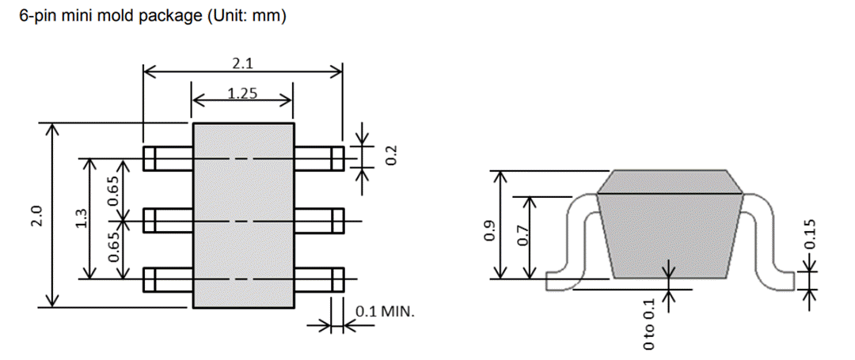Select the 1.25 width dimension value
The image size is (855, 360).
coord(242,93)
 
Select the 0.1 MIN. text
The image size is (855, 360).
coord(384,311)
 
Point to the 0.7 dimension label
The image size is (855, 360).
coord(522,236)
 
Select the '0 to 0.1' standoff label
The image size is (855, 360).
coord(650,324)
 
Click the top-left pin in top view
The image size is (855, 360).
coord(168,159)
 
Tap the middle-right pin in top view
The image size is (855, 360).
coord(318,220)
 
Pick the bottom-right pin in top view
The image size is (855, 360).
coord(318,279)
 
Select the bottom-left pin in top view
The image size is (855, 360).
coord(168,279)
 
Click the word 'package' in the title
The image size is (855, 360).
coord(164,17)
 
